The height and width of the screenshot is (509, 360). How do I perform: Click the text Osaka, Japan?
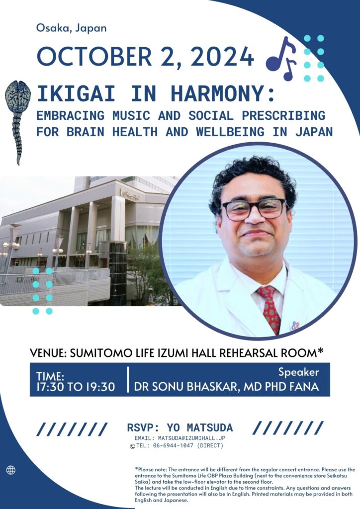pyautogui.click(x=72, y=28)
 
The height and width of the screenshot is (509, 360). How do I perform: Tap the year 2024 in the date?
pyautogui.click(x=222, y=57)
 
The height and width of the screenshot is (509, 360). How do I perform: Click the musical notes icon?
pyautogui.click(x=281, y=59)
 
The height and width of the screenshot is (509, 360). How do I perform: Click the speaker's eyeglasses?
pyautogui.click(x=254, y=209)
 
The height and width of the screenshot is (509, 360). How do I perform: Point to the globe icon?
pyautogui.click(x=11, y=470)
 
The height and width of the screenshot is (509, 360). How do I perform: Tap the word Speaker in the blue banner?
pyautogui.click(x=299, y=372)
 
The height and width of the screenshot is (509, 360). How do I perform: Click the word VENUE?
pyautogui.click(x=48, y=353)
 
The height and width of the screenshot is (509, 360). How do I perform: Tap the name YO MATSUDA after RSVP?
pyautogui.click(x=200, y=427)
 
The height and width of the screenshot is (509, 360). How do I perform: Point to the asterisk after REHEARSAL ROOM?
pyautogui.click(x=321, y=350)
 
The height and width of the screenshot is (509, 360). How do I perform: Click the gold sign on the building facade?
pyautogui.click(x=130, y=194)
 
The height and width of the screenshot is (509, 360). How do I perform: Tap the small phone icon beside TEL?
pyautogui.click(x=132, y=446)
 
